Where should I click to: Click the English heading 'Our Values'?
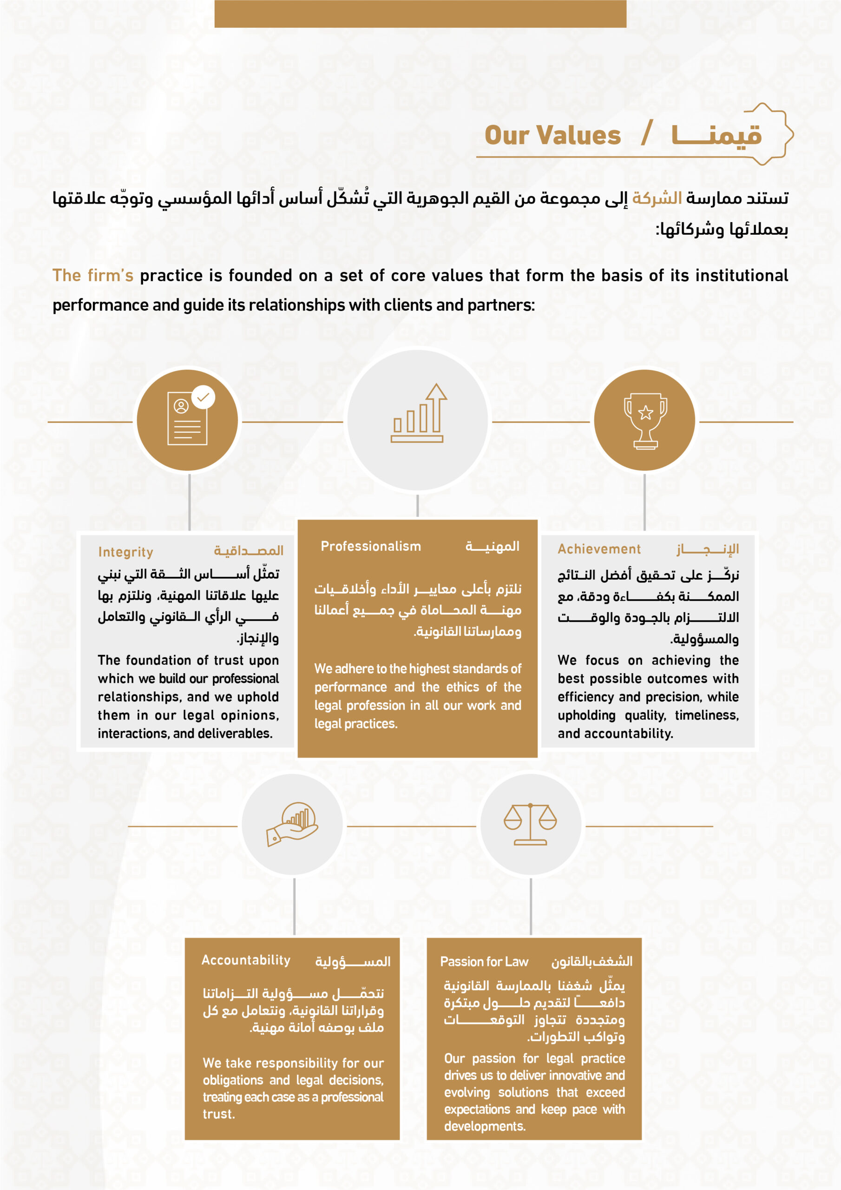[x=552, y=135]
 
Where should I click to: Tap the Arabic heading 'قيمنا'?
[x=716, y=135]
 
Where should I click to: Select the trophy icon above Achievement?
[x=644, y=420]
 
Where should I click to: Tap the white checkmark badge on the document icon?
[x=203, y=397]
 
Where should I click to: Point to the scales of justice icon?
[x=530, y=824]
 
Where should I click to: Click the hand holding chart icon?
[x=292, y=824]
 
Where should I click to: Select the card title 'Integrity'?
[x=126, y=552]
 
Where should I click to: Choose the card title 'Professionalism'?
[x=370, y=546]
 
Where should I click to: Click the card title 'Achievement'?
[x=599, y=549]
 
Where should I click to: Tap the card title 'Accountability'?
[x=246, y=960]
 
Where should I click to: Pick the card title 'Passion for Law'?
[x=484, y=962]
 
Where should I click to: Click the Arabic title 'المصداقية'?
[x=249, y=550]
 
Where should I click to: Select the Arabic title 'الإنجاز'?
[x=707, y=549]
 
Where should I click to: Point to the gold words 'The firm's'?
[x=93, y=275]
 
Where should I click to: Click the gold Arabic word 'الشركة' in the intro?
[x=657, y=198]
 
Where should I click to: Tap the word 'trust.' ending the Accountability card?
[x=219, y=1114]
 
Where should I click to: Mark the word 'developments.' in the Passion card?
[x=485, y=1126]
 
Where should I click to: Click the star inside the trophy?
[x=645, y=413]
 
